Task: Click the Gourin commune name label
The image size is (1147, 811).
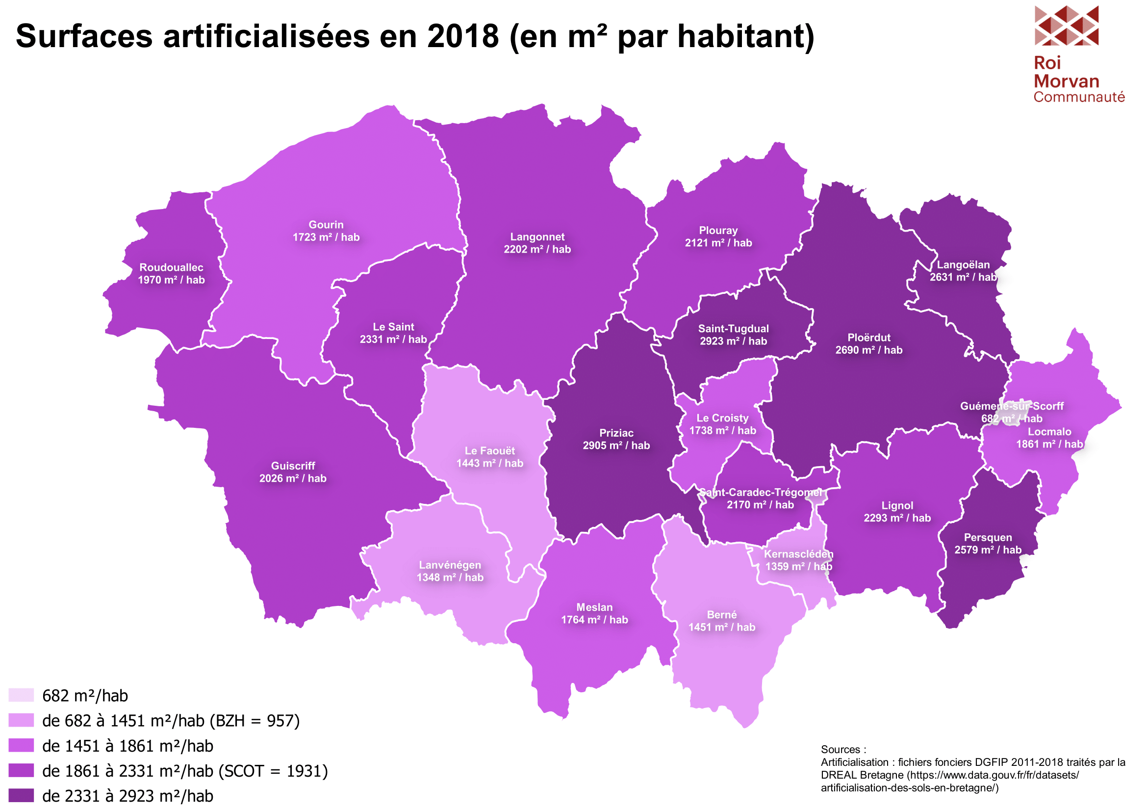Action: pos(326,225)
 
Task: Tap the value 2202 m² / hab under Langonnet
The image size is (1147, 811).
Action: pos(537,249)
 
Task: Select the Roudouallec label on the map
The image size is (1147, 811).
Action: pos(171,267)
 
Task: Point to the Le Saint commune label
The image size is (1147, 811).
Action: pos(393,327)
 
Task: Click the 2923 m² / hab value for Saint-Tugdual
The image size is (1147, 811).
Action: pos(733,341)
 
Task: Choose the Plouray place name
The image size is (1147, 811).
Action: pos(718,231)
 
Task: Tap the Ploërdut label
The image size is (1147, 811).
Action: pos(869,338)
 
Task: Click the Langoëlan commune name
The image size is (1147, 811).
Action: pos(963,265)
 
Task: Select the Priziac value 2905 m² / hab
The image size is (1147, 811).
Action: pos(616,445)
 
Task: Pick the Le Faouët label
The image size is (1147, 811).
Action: pos(489,451)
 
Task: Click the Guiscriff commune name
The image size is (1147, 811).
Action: pos(293,466)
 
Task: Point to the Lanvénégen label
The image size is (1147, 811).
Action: pos(450,565)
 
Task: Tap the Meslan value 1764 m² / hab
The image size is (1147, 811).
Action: pos(594,620)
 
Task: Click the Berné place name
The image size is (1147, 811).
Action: pos(721,615)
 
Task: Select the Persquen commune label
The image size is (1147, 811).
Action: pos(988,537)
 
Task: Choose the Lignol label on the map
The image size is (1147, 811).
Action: pos(897,505)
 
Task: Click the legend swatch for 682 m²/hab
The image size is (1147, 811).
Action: pos(21,695)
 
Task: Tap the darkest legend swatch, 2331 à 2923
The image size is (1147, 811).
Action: pos(21,795)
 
